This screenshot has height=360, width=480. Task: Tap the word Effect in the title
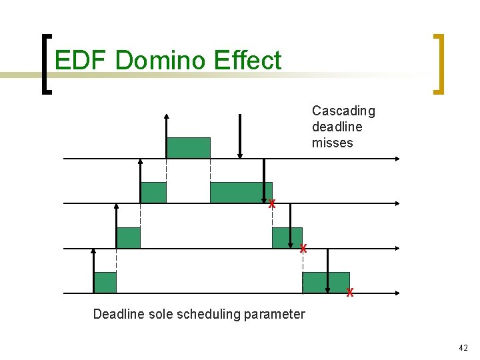pyautogui.click(x=248, y=61)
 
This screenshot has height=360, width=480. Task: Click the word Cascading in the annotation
pyautogui.click(x=343, y=111)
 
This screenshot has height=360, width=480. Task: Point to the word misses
pyautogui.click(x=332, y=143)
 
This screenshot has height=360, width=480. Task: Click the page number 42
pyautogui.click(x=463, y=348)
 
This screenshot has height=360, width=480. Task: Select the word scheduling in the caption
pyautogui.click(x=210, y=314)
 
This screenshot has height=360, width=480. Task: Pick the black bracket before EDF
pyautogui.click(x=46, y=64)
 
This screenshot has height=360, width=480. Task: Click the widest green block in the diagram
pyautogui.click(x=241, y=192)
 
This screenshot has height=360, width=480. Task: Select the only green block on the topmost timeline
pyautogui.click(x=188, y=147)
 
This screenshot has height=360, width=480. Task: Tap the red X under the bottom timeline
pyautogui.click(x=350, y=293)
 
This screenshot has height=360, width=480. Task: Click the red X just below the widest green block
pyautogui.click(x=272, y=205)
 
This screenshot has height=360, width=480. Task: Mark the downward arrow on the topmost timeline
pyautogui.click(x=240, y=137)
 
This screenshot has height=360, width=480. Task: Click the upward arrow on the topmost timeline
pyautogui.click(x=166, y=137)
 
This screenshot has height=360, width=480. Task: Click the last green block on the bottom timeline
pyautogui.click(x=326, y=282)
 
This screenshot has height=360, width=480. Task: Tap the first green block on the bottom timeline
pyautogui.click(x=105, y=282)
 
